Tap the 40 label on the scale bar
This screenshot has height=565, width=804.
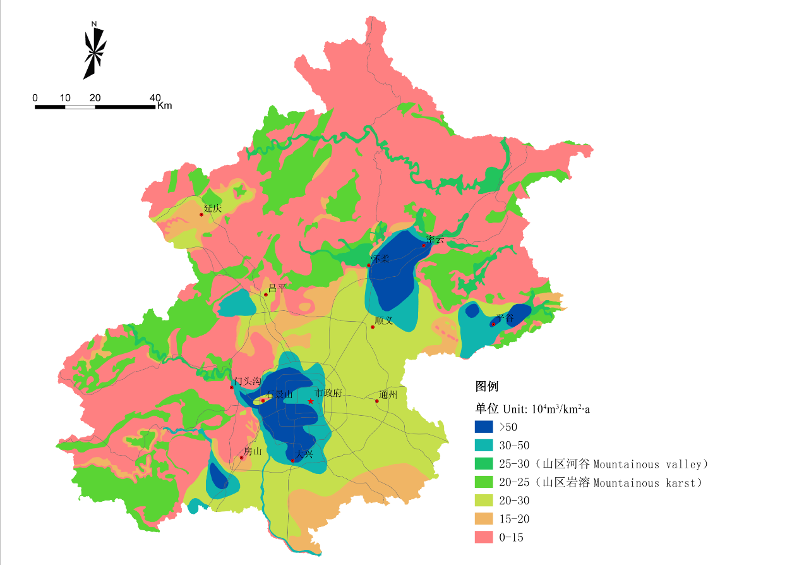pyautogui.click(x=155, y=97)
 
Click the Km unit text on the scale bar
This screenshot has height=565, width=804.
pyautogui.click(x=164, y=106)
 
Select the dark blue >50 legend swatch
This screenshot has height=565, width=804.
pyautogui.click(x=484, y=427)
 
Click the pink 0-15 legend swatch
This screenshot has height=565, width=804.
pyautogui.click(x=484, y=537)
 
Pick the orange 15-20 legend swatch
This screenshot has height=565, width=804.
pyautogui.click(x=484, y=519)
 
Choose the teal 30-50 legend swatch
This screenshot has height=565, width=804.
pyautogui.click(x=484, y=445)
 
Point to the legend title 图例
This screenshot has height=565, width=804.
pyautogui.click(x=487, y=386)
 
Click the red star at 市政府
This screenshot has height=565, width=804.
pyautogui.click(x=310, y=401)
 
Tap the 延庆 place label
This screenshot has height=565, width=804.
pyautogui.click(x=213, y=208)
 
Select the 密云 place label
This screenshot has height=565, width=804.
pyautogui.click(x=435, y=239)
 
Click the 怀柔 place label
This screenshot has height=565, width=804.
pyautogui.click(x=380, y=259)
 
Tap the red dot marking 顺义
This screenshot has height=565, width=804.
pyautogui.click(x=373, y=326)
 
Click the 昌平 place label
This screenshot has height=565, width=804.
pyautogui.click(x=277, y=288)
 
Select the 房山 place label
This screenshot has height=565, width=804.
pyautogui.click(x=253, y=451)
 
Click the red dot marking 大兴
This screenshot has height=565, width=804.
pyautogui.click(x=293, y=460)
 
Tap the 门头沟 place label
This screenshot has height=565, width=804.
pyautogui.click(x=247, y=381)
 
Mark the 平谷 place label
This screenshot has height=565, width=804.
pyautogui.click(x=505, y=318)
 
